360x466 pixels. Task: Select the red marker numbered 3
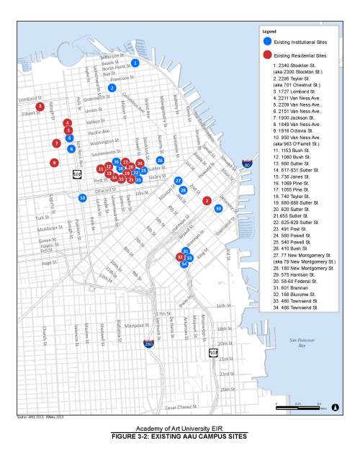pyautogui.click(x=40, y=107)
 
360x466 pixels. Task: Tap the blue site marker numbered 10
pyautogui.click(x=83, y=197)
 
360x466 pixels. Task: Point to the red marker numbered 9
pyautogui.click(x=53, y=163)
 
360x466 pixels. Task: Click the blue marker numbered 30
pyautogui.click(x=219, y=208)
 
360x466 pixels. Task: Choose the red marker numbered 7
pyautogui.click(x=56, y=143)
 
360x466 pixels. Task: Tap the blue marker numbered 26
pyautogui.click(x=160, y=161)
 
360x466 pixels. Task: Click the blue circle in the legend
pyautogui.click(x=267, y=42)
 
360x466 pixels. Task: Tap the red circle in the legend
pyautogui.click(x=267, y=55)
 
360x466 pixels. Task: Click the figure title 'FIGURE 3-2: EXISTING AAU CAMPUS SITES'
pyautogui.click(x=179, y=437)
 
